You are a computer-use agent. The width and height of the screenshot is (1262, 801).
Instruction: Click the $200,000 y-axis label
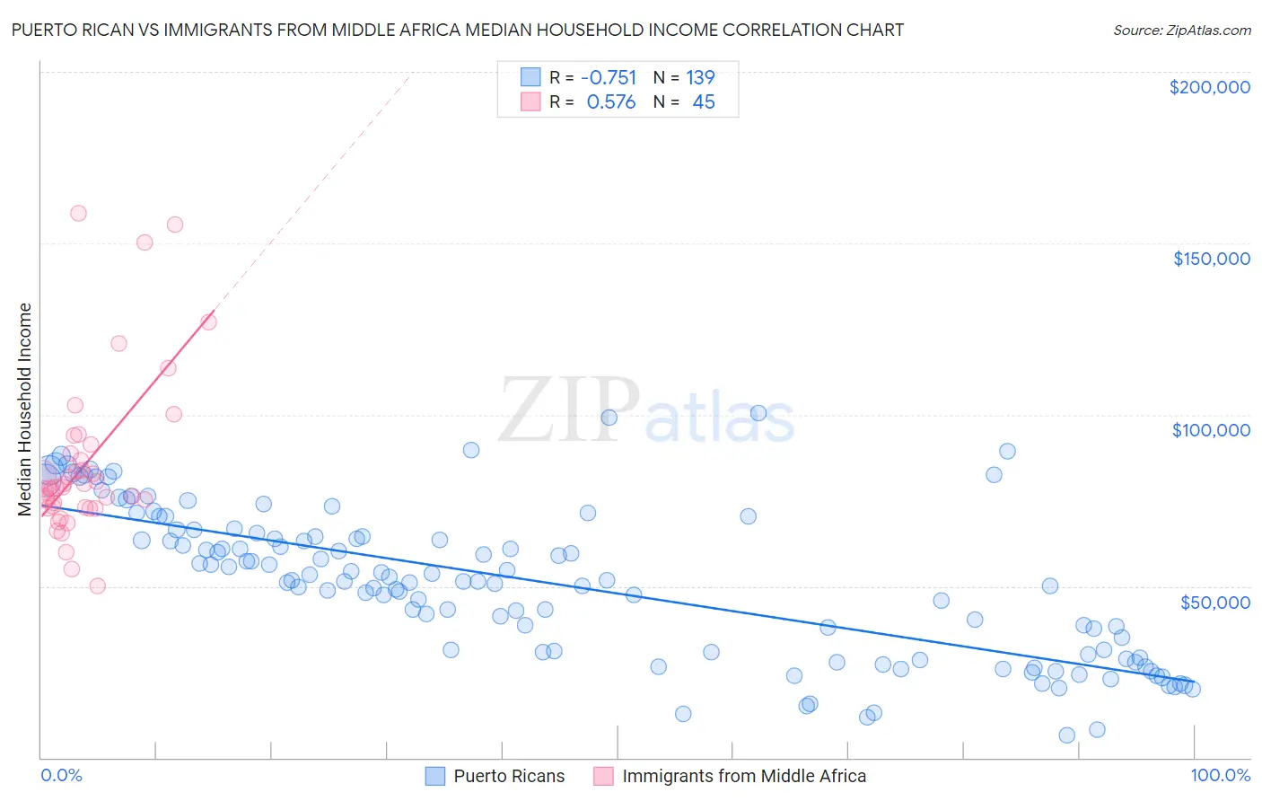(1209, 87)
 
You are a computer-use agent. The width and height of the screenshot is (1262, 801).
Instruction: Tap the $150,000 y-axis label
(1211, 259)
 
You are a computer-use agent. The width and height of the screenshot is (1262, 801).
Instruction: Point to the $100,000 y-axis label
(1211, 430)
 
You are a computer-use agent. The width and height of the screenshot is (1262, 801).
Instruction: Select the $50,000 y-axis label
(1214, 602)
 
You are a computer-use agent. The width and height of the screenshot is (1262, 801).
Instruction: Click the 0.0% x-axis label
(61, 775)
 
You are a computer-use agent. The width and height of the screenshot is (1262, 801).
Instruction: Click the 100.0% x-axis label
(1220, 775)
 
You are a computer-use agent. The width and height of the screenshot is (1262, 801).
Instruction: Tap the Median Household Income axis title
(25, 409)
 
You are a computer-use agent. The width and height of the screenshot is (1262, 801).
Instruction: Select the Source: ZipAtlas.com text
(1181, 30)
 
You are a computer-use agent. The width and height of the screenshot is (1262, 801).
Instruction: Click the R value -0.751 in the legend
(609, 77)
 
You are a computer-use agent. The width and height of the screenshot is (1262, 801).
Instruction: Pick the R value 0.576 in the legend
(610, 102)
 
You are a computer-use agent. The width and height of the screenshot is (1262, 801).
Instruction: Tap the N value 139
(700, 77)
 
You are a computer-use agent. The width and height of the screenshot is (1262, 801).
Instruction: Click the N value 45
(704, 102)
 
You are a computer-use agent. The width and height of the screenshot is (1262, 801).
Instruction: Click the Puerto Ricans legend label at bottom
(509, 776)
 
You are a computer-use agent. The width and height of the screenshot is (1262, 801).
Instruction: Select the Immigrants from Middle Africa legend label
(744, 776)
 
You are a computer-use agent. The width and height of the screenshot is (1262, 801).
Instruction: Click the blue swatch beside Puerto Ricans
(435, 776)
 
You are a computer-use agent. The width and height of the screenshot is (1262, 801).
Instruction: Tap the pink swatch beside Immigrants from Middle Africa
(603, 776)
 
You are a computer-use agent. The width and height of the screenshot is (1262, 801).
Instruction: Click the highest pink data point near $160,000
(78, 213)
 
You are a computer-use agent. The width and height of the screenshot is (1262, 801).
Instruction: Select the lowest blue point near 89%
(1066, 735)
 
